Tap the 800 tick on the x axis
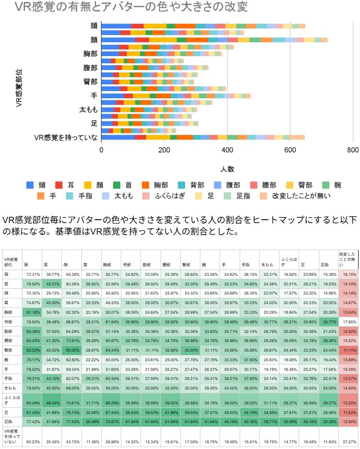click(x=352, y=150)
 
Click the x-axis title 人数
click(x=227, y=169)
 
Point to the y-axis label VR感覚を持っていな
click(x=66, y=138)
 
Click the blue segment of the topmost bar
click(x=116, y=26)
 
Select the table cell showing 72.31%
click(x=33, y=274)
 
